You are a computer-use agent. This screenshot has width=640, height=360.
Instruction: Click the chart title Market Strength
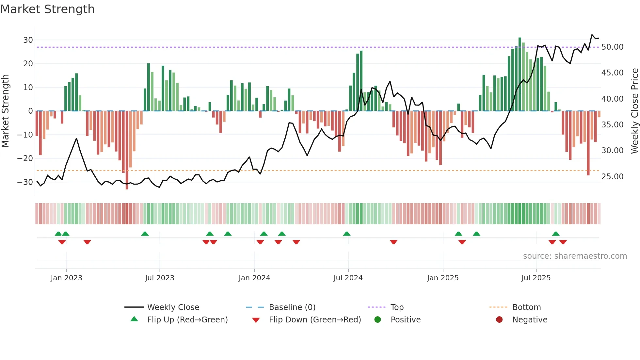tap(47, 9)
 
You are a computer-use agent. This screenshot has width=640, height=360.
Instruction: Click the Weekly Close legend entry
tap(173, 307)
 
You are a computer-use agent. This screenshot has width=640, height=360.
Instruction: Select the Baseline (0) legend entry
tap(292, 307)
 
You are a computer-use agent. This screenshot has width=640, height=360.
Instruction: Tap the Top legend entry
tap(397, 307)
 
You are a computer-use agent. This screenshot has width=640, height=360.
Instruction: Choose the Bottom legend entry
tap(526, 307)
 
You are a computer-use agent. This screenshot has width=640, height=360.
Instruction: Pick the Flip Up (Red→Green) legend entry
tap(187, 319)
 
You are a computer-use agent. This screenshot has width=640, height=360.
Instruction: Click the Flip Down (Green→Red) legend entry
tap(315, 319)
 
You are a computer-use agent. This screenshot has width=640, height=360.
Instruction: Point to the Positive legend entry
tap(405, 319)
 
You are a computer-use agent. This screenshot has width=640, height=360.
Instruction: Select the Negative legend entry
tap(529, 319)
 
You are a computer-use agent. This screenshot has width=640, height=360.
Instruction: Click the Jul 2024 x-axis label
tap(348, 278)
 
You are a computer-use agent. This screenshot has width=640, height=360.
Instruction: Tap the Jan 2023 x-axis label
tap(66, 278)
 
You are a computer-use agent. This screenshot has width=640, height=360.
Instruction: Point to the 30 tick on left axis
tap(28, 40)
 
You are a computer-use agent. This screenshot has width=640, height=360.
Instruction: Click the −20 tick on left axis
tap(25, 158)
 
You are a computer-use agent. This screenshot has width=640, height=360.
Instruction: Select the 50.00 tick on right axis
tap(612, 47)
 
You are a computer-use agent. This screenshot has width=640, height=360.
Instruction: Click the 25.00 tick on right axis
tap(612, 176)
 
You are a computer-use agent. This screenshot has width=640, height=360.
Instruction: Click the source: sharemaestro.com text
tap(575, 256)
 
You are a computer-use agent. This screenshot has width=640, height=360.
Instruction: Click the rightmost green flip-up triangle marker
tap(556, 234)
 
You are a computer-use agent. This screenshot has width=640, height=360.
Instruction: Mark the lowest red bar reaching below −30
tap(127, 150)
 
